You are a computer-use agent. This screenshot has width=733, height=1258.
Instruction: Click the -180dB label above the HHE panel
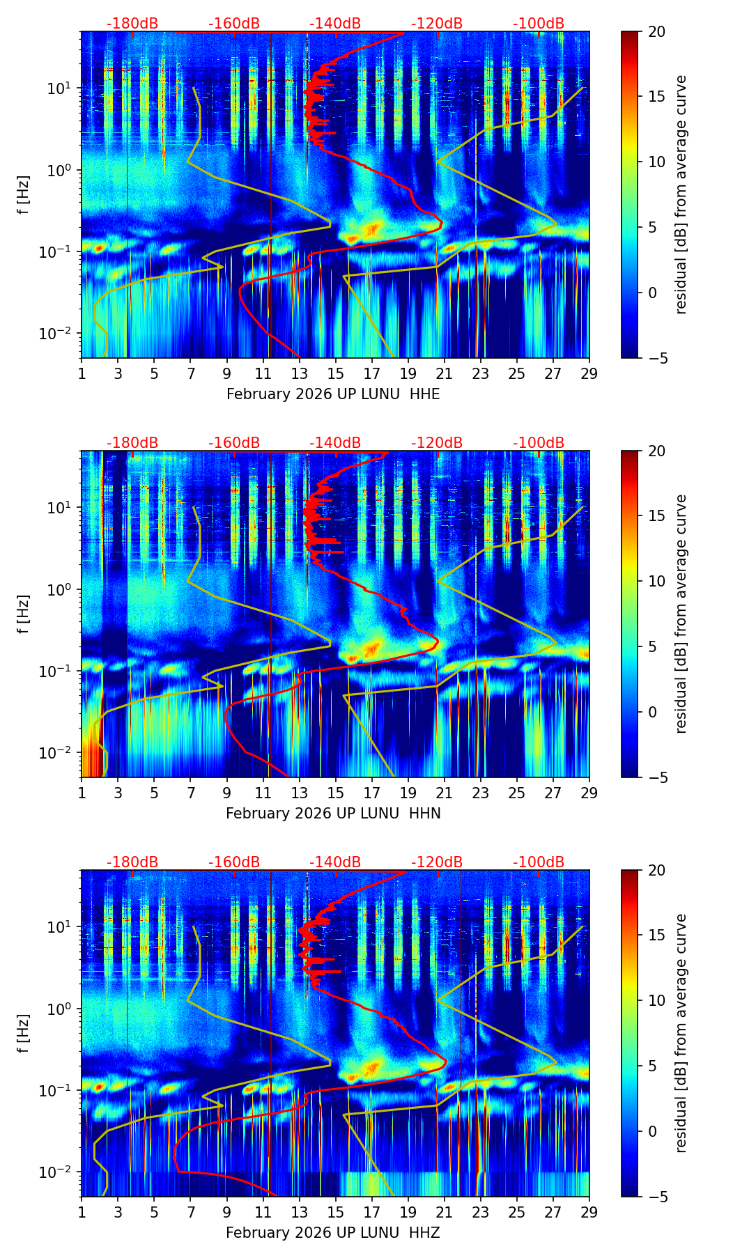(x=132, y=24)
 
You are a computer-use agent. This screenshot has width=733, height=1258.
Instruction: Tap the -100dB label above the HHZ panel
(x=539, y=862)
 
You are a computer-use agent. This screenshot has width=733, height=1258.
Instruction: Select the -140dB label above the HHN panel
(x=335, y=443)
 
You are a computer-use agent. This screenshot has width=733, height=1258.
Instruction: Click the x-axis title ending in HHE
(x=333, y=394)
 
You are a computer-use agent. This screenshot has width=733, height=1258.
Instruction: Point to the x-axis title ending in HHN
(x=333, y=814)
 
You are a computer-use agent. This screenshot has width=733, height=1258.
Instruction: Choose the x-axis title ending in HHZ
(x=333, y=1233)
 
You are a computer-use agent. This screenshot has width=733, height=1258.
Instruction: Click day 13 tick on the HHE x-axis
(x=300, y=373)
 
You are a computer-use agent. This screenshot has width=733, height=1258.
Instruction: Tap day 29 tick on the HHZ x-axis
(x=589, y=1211)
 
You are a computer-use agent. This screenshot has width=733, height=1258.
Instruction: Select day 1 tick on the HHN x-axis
(x=82, y=792)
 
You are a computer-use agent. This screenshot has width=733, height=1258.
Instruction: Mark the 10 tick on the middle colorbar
(x=652, y=581)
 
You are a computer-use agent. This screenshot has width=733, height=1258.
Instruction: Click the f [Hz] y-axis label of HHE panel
(x=24, y=194)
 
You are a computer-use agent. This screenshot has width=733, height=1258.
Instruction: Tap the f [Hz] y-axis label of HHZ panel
(x=24, y=1033)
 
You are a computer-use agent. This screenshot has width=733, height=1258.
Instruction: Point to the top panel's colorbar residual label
(x=681, y=194)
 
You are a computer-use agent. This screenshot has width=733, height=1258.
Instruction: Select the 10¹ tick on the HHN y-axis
(x=61, y=507)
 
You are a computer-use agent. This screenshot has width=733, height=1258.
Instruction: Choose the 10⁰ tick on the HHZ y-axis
(x=61, y=1009)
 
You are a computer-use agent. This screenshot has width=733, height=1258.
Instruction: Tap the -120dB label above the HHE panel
(x=437, y=24)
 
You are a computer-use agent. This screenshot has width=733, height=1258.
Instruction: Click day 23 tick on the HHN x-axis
(x=481, y=792)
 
